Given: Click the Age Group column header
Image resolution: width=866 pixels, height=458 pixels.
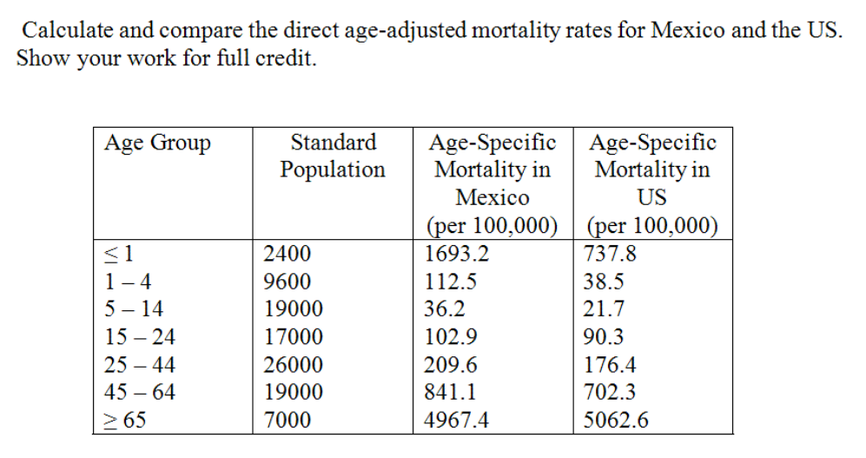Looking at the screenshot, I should (157, 143).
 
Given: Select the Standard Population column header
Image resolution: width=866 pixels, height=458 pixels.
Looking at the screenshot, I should (333, 156).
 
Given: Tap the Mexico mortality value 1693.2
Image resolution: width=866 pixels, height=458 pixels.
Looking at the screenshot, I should (458, 254).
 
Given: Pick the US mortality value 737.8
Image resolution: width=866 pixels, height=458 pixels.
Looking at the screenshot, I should (612, 254).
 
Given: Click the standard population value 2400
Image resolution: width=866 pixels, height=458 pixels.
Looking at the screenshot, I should (287, 254).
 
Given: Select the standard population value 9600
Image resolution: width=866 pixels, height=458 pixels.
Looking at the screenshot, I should (287, 282).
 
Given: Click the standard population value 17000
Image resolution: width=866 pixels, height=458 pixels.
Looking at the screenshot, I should (293, 337).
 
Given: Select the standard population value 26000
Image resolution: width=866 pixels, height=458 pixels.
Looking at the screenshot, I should (293, 365).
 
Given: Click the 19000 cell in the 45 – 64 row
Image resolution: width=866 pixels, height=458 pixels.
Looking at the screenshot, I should (293, 393).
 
